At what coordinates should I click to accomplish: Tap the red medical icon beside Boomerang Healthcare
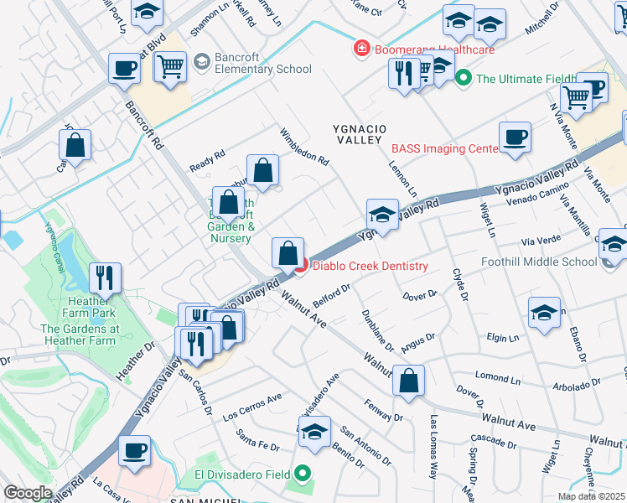pos(362,49)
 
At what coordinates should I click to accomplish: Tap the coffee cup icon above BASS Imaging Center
pos(515,137)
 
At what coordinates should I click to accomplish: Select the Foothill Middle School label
pos(539,262)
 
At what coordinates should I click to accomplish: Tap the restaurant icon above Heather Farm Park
pos(105,277)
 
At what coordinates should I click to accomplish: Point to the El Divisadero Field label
pos(241,474)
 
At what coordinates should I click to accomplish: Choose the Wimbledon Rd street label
pos(304,147)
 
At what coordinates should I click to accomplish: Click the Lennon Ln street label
pos(403,171)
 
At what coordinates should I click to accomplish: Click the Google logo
pos(28,493)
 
